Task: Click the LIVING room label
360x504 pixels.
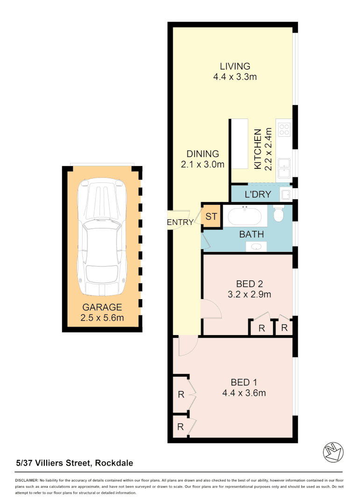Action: [235, 66]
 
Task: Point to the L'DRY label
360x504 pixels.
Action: [257, 195]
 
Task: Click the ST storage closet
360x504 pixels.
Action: [212, 217]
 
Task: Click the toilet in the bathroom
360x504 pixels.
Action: [279, 214]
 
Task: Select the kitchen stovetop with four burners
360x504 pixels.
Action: [284, 129]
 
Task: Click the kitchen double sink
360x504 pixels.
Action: [283, 168]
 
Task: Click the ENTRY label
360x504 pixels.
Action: [180, 223]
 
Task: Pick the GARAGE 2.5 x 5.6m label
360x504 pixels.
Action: [102, 313]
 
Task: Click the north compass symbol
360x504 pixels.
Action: [333, 451]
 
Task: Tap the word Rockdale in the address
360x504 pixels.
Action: [114, 463]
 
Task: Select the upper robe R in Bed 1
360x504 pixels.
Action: [181, 394]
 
